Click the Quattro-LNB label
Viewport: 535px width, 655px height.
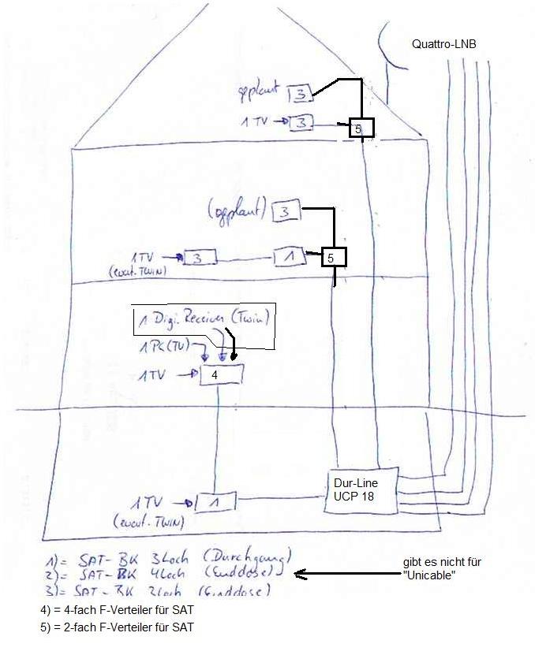(x=443, y=45)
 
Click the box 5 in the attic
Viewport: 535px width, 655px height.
(x=361, y=127)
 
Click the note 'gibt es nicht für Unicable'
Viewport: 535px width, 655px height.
(x=441, y=569)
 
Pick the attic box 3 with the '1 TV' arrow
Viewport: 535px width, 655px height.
(x=301, y=122)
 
